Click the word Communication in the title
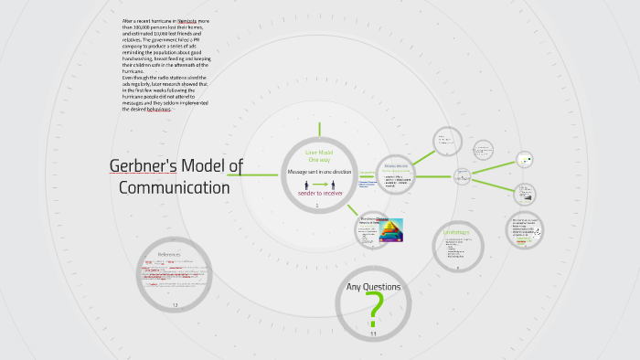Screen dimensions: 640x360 pos(175,188)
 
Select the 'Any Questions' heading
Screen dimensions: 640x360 pos(373,287)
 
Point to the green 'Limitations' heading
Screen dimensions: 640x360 pos(457,233)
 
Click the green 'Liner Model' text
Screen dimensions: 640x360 pos(318,152)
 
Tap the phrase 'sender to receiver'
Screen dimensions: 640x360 pos(318,196)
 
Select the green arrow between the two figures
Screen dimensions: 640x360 pos(318,185)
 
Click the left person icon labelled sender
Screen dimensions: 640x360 pos(306,185)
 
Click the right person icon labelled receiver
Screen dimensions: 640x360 pos(331,185)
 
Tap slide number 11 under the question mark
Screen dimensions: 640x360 pos(373,334)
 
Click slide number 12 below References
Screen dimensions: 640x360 pos(175,303)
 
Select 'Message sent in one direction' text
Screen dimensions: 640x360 pos(318,171)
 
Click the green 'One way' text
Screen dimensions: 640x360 pos(318,160)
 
